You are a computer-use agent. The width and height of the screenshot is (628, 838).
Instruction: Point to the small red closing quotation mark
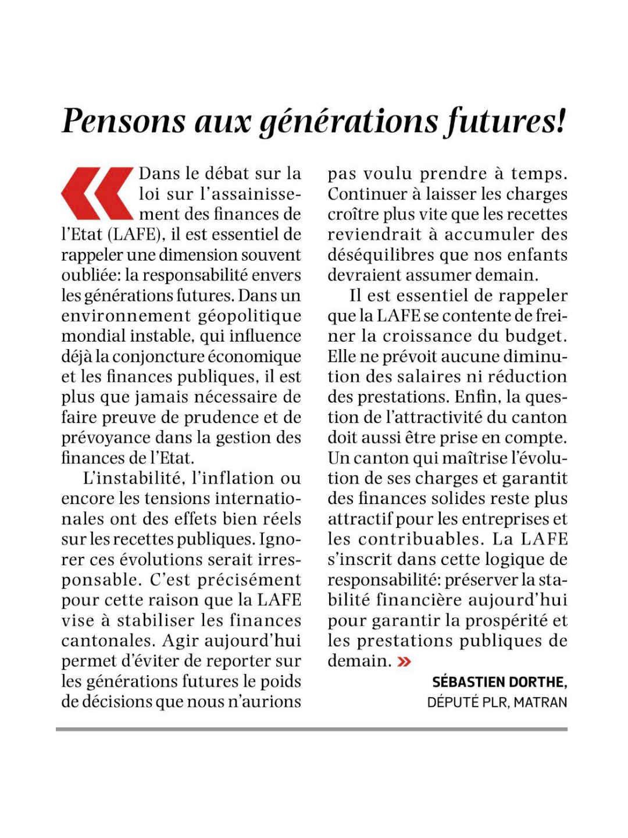(404, 661)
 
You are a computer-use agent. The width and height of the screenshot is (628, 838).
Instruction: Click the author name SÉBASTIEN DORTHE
(499, 682)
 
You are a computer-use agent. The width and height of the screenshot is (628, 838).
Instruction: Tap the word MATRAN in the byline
(540, 702)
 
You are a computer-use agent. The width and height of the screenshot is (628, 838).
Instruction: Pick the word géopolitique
(250, 316)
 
